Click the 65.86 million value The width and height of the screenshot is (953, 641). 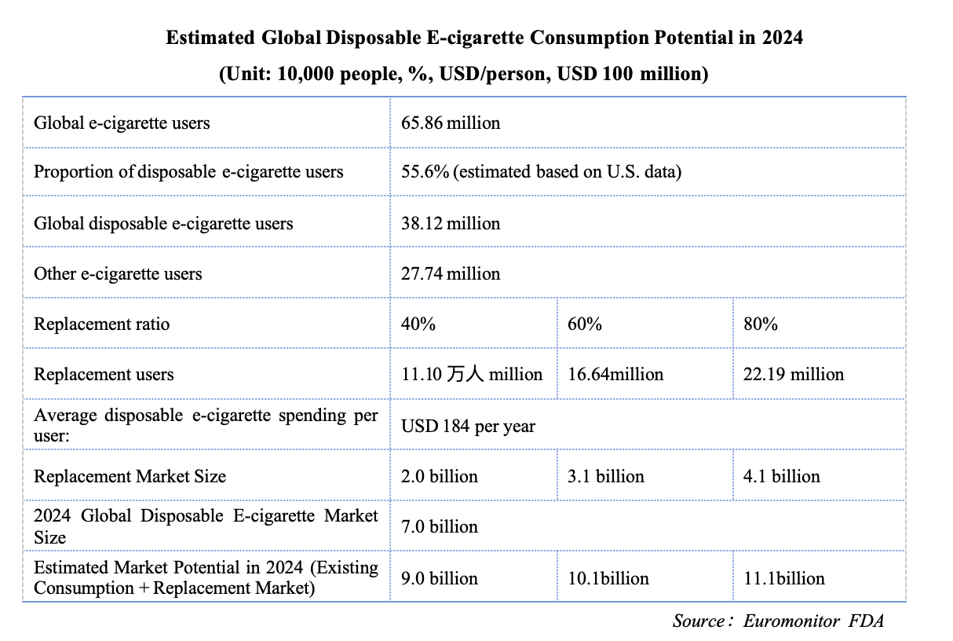tap(451, 123)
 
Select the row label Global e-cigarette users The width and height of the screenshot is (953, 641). tap(122, 123)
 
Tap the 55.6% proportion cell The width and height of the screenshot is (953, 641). tap(541, 172)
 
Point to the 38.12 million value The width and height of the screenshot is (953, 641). tap(451, 224)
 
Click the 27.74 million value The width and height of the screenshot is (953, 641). tap(451, 274)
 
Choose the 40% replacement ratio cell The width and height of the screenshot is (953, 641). tap(418, 324)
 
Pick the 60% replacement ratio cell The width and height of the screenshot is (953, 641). tap(585, 324)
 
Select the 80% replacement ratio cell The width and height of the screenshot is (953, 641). tap(761, 324)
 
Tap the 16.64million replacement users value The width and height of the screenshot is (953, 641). tap(615, 375)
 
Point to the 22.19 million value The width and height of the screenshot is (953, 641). tap(794, 375)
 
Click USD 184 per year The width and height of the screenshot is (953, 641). tap(468, 427)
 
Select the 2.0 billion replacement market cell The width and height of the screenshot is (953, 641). tap(440, 477)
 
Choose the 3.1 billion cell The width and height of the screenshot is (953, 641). tap(606, 477)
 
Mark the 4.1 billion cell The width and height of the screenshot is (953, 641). tap(782, 477)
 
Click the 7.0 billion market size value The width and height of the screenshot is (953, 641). tap(440, 526)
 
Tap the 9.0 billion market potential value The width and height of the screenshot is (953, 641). tap(440, 579)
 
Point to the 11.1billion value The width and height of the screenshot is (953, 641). tap(784, 579)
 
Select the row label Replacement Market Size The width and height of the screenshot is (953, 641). tap(130, 477)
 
